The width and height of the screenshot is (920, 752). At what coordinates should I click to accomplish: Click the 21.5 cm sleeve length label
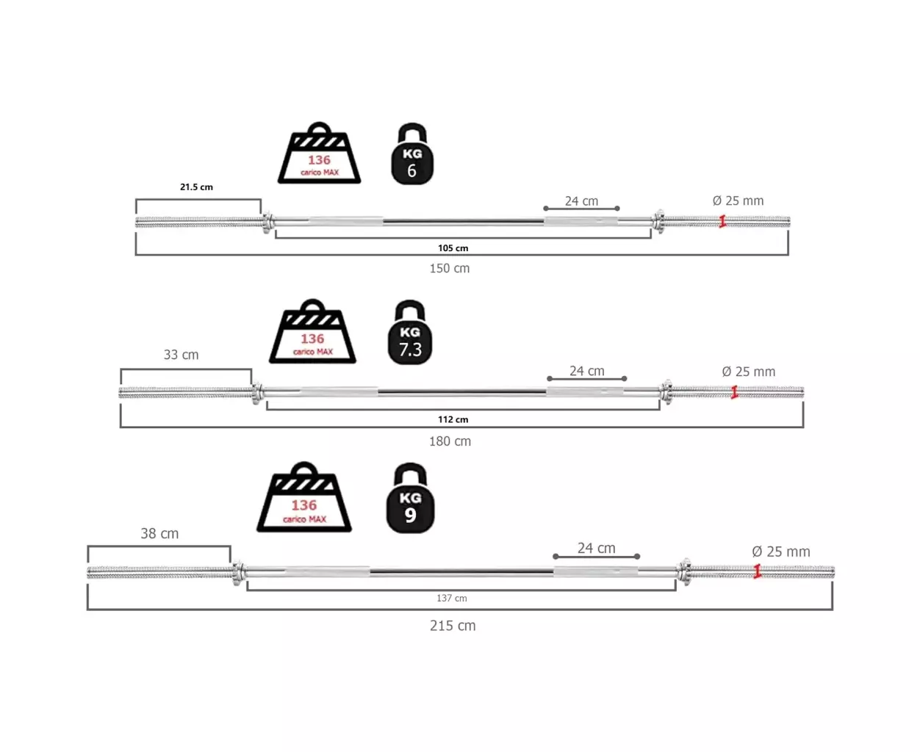(x=196, y=187)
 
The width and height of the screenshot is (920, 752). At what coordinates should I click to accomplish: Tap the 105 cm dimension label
(x=453, y=248)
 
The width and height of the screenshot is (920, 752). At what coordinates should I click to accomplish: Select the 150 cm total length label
(x=449, y=268)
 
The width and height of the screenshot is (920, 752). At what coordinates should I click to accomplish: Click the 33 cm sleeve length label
(x=181, y=355)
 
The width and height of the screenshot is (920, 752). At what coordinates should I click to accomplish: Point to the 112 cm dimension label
(x=453, y=419)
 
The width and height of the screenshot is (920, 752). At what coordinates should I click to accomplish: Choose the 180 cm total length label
(x=450, y=441)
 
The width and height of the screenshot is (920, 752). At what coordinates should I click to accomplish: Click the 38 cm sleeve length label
(x=159, y=533)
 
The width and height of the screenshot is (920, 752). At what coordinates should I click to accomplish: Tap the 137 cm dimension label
(x=451, y=598)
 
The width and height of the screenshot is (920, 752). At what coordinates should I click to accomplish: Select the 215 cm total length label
(x=453, y=626)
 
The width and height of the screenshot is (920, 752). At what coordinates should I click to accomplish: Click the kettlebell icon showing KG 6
(x=412, y=154)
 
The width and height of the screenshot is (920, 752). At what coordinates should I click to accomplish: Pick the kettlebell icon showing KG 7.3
(x=409, y=332)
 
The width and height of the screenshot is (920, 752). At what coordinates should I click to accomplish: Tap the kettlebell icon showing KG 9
(x=410, y=498)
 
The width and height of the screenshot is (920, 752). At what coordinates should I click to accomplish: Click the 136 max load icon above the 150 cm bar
(x=319, y=153)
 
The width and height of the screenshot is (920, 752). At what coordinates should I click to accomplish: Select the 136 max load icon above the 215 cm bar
(x=303, y=497)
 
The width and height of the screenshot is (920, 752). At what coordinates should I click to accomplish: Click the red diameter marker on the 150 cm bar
(x=722, y=222)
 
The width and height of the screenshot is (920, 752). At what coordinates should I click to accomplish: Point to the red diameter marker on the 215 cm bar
(x=758, y=571)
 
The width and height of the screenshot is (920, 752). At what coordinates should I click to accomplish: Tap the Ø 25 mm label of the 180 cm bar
(x=748, y=372)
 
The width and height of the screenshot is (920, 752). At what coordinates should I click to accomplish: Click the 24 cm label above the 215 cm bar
(x=597, y=548)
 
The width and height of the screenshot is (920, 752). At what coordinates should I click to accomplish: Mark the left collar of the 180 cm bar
(x=257, y=393)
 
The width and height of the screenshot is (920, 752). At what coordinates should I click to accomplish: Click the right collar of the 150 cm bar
(x=658, y=222)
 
